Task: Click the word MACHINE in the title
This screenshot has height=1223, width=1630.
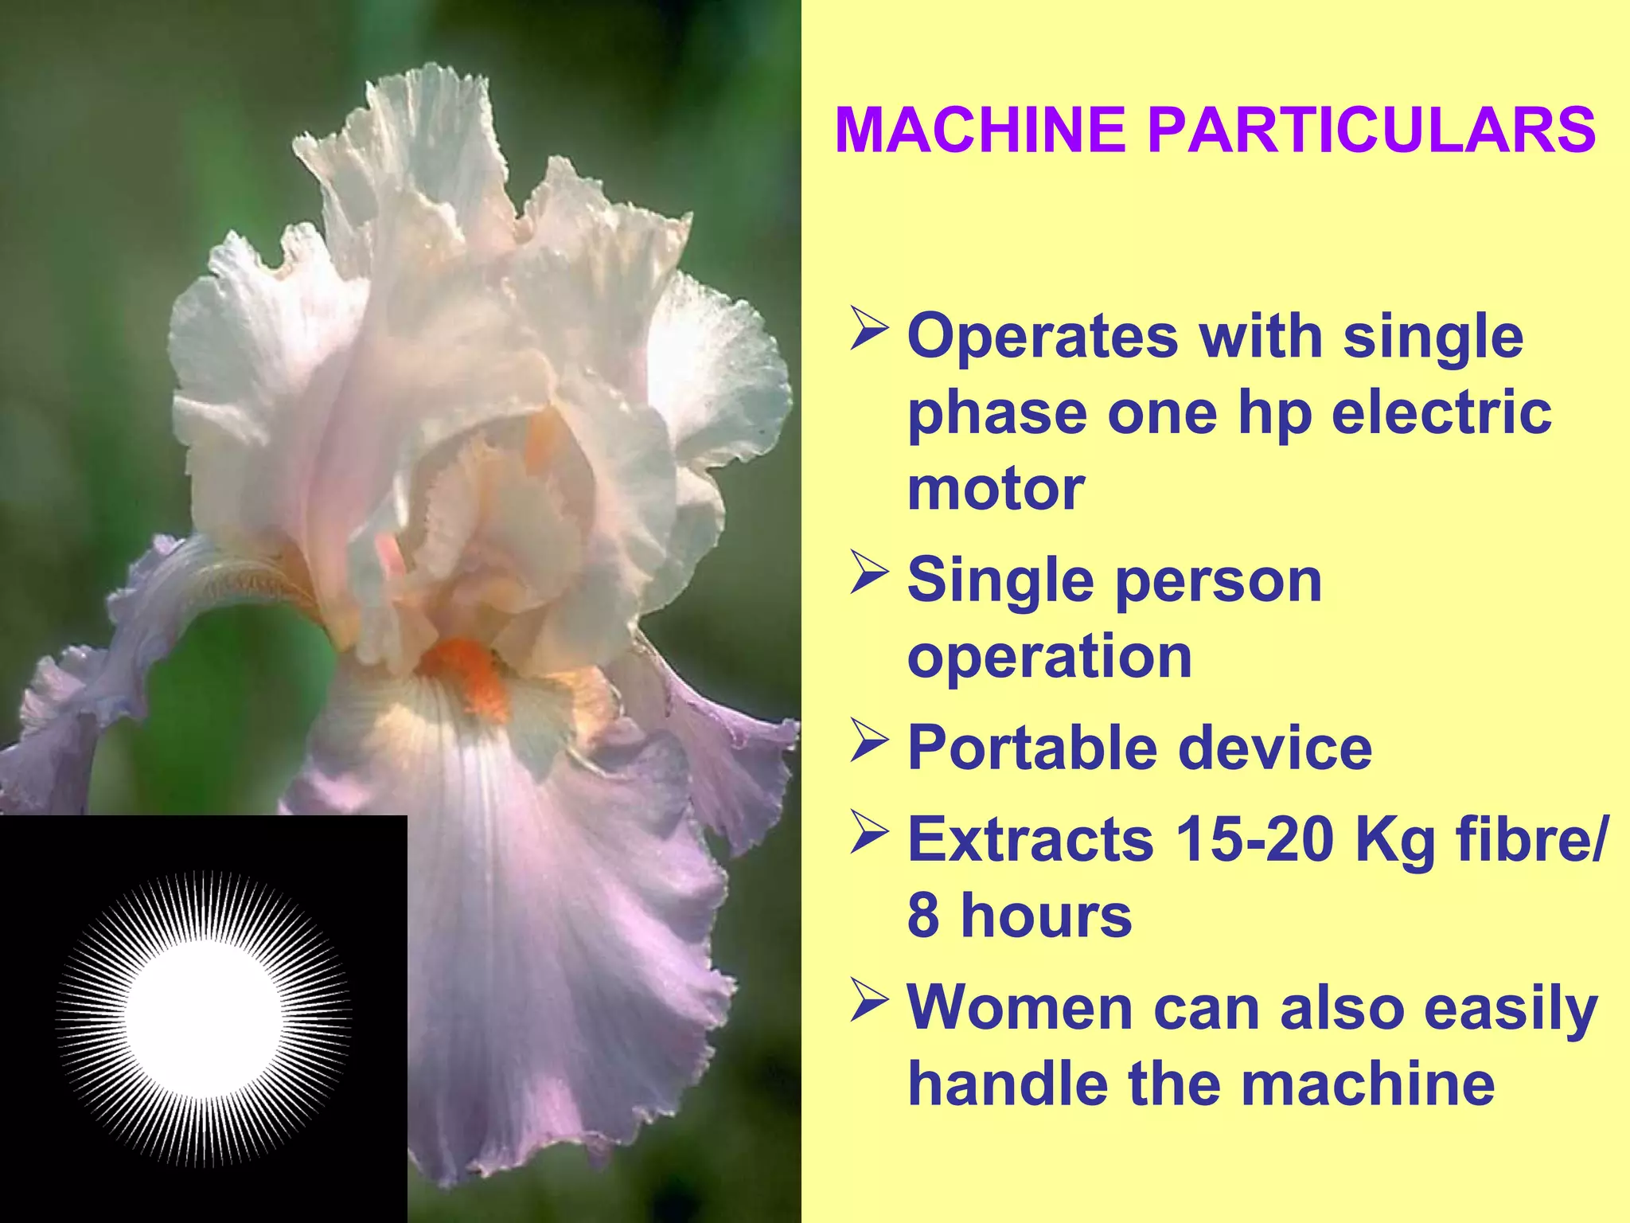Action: (980, 130)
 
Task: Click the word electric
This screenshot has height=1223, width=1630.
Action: (1441, 412)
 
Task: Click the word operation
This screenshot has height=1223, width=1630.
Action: (1049, 657)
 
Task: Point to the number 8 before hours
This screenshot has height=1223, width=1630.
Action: (923, 916)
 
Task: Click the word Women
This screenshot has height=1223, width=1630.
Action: (1020, 1008)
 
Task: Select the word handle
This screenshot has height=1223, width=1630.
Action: (1008, 1084)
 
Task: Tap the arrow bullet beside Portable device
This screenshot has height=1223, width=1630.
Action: (868, 740)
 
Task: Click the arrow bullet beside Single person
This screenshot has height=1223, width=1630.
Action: (868, 572)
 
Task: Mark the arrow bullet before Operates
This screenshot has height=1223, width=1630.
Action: (868, 328)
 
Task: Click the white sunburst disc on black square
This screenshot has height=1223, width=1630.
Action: (204, 1019)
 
